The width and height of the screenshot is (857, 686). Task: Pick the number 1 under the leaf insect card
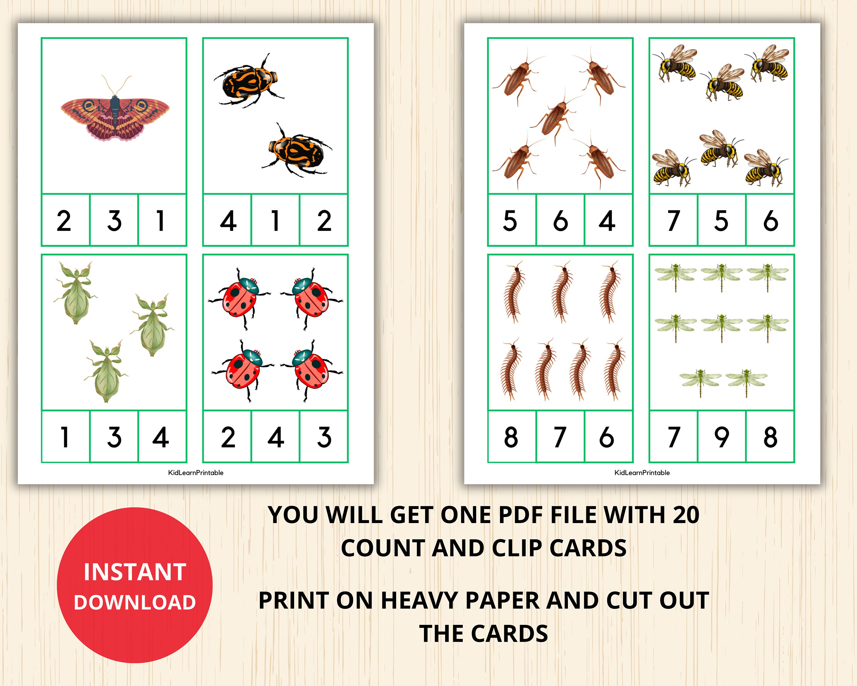[65, 437]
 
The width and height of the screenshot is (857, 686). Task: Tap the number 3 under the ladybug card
[324, 437]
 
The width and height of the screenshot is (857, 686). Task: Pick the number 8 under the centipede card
[511, 437]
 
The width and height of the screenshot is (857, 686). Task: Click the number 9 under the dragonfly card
[722, 437]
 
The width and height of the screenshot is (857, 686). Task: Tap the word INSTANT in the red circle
[135, 572]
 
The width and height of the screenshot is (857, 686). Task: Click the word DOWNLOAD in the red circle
[135, 603]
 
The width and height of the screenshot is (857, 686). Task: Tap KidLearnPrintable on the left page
[196, 472]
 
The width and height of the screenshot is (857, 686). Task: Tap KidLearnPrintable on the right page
[642, 472]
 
